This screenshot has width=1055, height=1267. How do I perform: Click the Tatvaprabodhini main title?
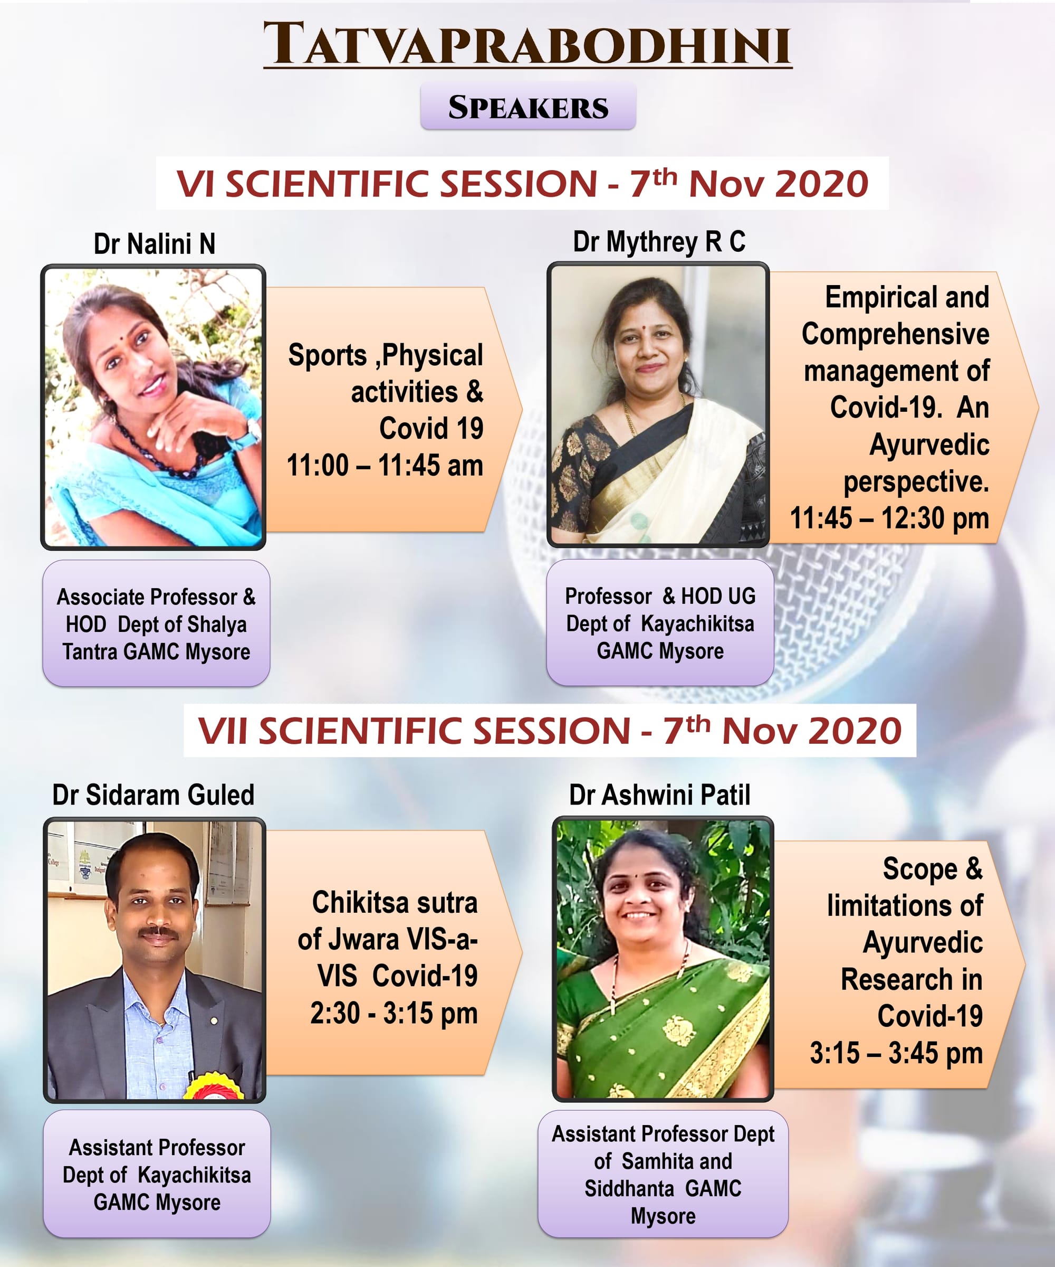[527, 43]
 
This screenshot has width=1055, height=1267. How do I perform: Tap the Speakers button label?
[528, 107]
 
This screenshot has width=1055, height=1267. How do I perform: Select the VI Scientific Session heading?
[522, 183]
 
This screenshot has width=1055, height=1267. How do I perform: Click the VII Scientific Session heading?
[550, 730]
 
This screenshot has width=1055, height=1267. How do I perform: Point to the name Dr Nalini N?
[155, 244]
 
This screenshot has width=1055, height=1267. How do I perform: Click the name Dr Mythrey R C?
[659, 242]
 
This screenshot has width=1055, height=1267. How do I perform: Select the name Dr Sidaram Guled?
[153, 795]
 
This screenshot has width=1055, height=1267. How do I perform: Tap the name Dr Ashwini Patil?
[659, 795]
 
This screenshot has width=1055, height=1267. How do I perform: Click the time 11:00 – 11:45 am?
[385, 465]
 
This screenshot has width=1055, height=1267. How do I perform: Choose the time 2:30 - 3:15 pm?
[394, 1013]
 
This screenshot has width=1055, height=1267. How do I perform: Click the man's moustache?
[158, 933]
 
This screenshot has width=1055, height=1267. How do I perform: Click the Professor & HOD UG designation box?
[660, 622]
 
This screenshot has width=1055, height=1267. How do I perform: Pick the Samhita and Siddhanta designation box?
[663, 1174]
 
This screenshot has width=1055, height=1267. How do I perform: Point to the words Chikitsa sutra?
[395, 903]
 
